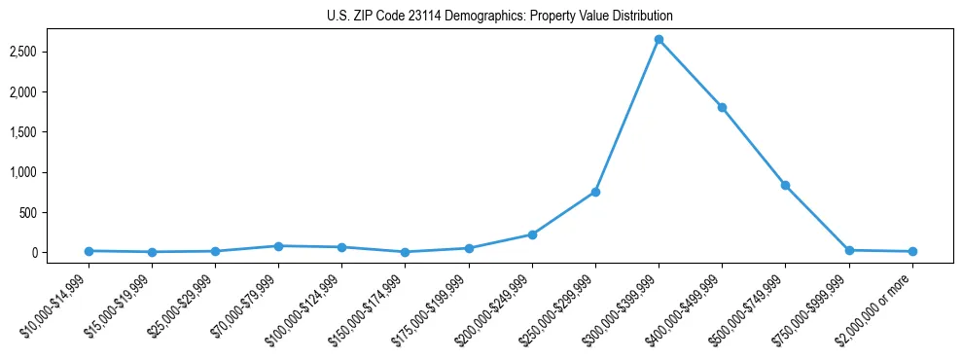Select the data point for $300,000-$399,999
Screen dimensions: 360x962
(659, 39)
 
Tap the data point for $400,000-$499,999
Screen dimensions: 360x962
(722, 107)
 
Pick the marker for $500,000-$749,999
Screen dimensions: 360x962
(785, 185)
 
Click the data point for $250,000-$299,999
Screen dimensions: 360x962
(595, 192)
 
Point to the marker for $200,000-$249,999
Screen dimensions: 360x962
(532, 234)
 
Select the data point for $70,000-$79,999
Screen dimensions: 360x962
(278, 246)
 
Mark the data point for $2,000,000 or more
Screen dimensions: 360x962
(912, 252)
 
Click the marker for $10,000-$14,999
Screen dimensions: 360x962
(89, 251)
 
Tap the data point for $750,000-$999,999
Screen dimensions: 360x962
(849, 250)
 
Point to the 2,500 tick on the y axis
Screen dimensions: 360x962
(45, 51)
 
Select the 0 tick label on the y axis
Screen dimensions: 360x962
(59, 253)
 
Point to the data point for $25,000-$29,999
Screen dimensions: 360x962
(215, 251)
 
